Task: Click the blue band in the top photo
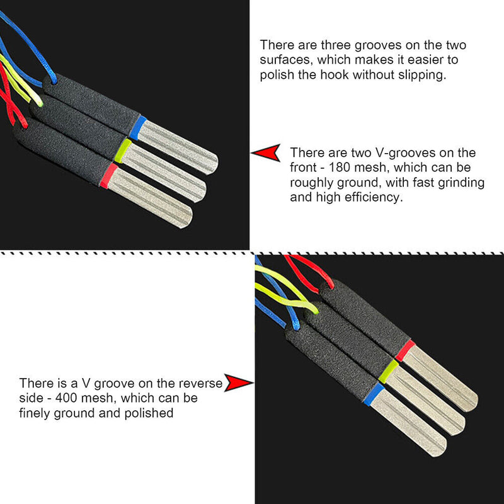tap(138, 128)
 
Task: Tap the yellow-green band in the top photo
tap(123, 151)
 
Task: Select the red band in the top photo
tap(108, 176)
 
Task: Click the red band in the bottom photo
tap(405, 350)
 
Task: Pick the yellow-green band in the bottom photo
tap(389, 371)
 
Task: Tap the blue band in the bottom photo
tap(374, 394)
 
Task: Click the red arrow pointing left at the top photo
tap(265, 152)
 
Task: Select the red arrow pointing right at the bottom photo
tap(239, 382)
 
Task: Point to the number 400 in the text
tap(66, 398)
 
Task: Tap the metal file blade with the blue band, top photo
tap(178, 147)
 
